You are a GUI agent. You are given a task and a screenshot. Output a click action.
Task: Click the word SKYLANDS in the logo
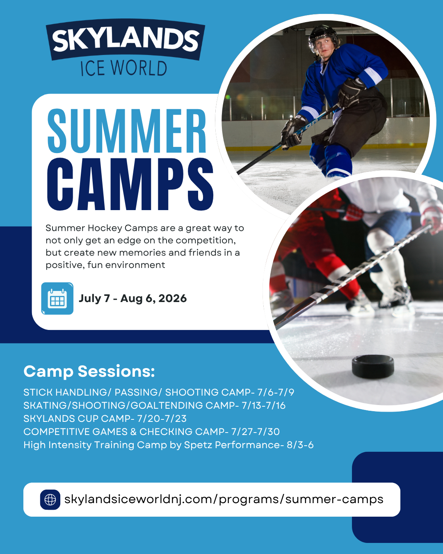click(x=125, y=40)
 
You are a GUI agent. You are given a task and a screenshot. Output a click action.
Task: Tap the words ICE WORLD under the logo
click(x=123, y=69)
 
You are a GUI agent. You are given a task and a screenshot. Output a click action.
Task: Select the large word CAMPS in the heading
click(x=130, y=185)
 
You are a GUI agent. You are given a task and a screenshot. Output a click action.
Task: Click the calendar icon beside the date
click(x=57, y=299)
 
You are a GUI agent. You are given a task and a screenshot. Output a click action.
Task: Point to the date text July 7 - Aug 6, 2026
click(x=133, y=298)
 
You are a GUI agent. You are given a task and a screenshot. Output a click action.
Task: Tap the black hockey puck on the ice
click(x=373, y=366)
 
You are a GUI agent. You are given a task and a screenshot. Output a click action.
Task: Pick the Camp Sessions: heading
click(x=89, y=371)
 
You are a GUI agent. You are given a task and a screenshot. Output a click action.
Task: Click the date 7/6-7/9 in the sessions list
click(x=276, y=392)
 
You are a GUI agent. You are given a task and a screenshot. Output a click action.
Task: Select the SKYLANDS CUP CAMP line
click(x=105, y=419)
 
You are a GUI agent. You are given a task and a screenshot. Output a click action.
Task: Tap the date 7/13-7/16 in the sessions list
click(x=263, y=405)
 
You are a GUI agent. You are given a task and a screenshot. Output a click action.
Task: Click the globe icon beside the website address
click(x=50, y=499)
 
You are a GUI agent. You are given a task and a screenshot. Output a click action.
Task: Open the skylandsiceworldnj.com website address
click(x=224, y=499)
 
